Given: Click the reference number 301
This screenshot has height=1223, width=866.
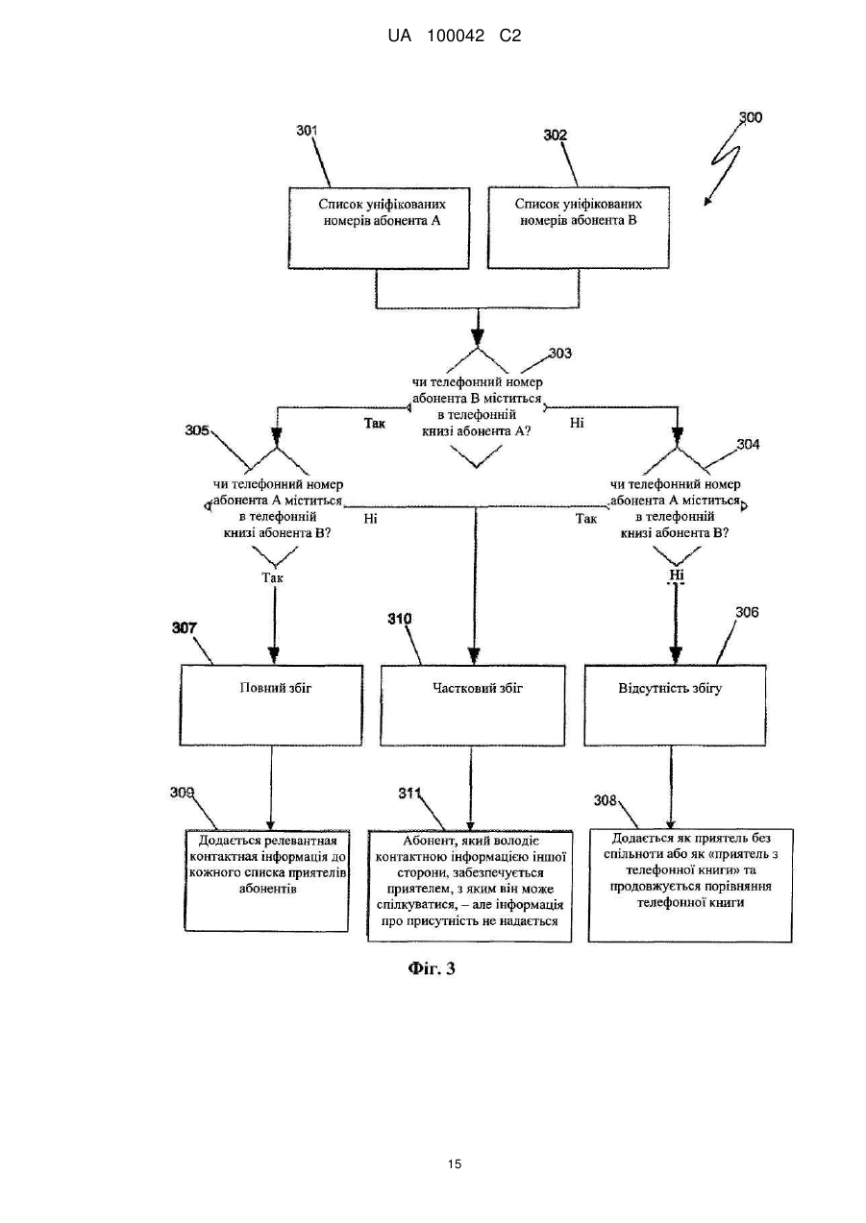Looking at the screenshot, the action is [x=307, y=131].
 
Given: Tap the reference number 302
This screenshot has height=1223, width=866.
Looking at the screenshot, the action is [x=556, y=135].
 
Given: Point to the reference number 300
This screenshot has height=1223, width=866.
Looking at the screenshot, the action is [x=751, y=117].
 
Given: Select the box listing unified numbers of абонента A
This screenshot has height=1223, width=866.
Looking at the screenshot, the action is [x=379, y=229].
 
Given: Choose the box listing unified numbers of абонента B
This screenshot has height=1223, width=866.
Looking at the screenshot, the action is [x=578, y=228].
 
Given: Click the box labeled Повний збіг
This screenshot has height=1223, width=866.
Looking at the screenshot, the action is [x=271, y=705].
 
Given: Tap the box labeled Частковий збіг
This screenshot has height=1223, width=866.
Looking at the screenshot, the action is [x=473, y=705].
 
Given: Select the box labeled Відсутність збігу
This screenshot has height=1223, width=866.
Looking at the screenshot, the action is [x=675, y=705].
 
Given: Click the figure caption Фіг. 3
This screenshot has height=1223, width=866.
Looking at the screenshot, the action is [x=432, y=968].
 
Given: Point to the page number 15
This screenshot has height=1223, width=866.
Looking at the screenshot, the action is [x=455, y=1163].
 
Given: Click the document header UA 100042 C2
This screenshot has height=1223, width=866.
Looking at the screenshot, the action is [x=455, y=37].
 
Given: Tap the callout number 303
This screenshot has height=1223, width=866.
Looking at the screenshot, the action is [x=560, y=354].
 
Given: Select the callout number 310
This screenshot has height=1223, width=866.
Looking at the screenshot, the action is [x=400, y=619].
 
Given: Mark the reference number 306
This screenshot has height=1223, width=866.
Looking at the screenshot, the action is [x=747, y=612].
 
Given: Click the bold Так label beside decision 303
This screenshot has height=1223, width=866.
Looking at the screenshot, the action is [x=374, y=423].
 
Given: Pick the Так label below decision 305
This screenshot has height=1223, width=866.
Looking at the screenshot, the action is [x=272, y=577].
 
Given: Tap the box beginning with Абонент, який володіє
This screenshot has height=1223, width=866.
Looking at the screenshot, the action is [x=470, y=886].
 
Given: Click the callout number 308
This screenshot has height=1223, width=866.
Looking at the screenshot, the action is [x=605, y=800].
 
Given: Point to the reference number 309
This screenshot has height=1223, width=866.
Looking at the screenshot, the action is [x=182, y=793].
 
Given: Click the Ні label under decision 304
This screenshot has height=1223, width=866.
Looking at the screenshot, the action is [x=677, y=575].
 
